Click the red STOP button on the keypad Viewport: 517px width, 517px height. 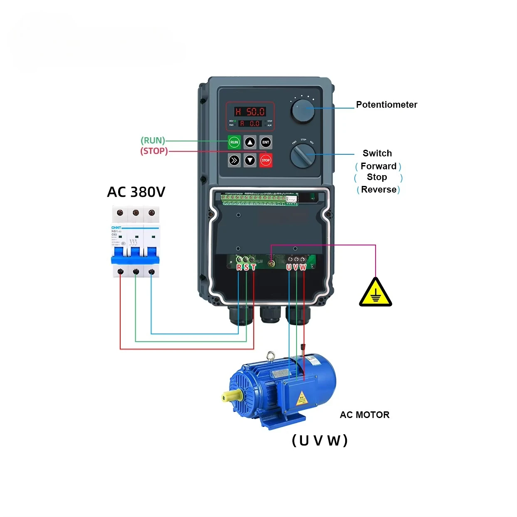click(x=266, y=160)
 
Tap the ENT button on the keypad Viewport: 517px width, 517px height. click(x=266, y=142)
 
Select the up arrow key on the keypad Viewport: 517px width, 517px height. click(x=250, y=142)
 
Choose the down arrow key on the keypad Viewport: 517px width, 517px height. click(x=250, y=160)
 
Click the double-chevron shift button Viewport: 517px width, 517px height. click(x=234, y=160)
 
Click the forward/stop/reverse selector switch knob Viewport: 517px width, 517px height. click(x=302, y=156)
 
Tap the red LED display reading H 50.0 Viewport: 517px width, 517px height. click(x=250, y=111)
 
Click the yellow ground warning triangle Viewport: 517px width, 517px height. click(x=375, y=293)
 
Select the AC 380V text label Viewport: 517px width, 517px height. click(x=136, y=192)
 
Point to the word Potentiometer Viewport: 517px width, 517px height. click(x=386, y=105)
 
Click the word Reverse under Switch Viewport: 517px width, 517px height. click(x=378, y=190)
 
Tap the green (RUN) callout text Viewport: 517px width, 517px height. click(x=153, y=141)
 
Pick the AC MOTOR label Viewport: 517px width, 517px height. click(x=364, y=415)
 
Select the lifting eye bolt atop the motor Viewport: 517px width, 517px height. click(x=271, y=356)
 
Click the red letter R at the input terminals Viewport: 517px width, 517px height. click(x=239, y=267)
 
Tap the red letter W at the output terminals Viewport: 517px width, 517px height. click(x=303, y=267)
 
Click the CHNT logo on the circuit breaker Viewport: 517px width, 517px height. click(x=116, y=228)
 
